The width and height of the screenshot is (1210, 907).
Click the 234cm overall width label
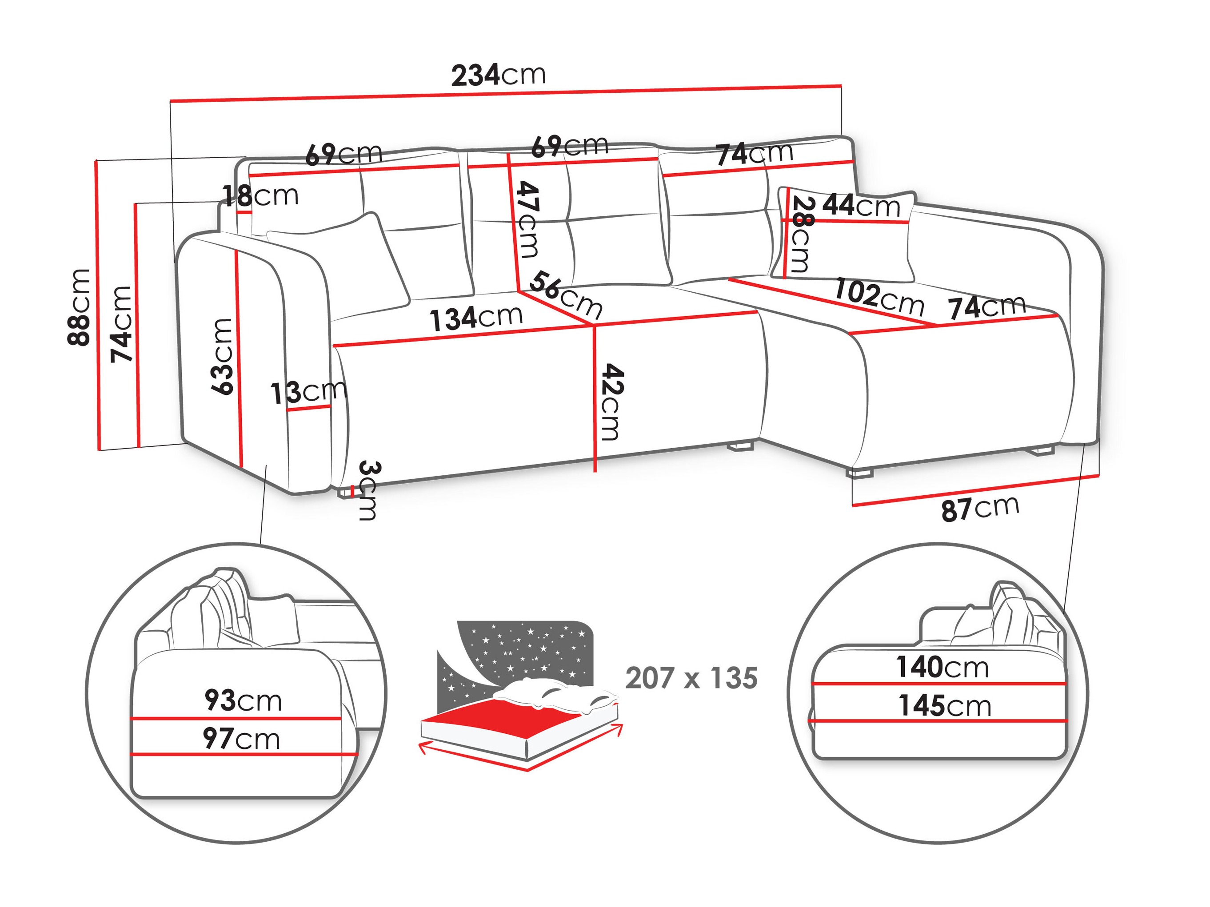[498, 75]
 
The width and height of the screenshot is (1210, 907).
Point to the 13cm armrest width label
[308, 392]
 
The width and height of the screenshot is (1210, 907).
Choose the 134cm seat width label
[476, 318]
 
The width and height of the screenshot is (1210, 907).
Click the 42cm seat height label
[611, 402]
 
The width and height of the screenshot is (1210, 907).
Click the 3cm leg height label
[368, 490]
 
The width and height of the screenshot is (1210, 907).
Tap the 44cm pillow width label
[861, 206]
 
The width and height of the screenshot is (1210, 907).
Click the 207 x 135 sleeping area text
[691, 678]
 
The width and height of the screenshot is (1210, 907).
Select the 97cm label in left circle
[241, 739]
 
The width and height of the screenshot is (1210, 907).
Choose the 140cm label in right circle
[942, 667]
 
